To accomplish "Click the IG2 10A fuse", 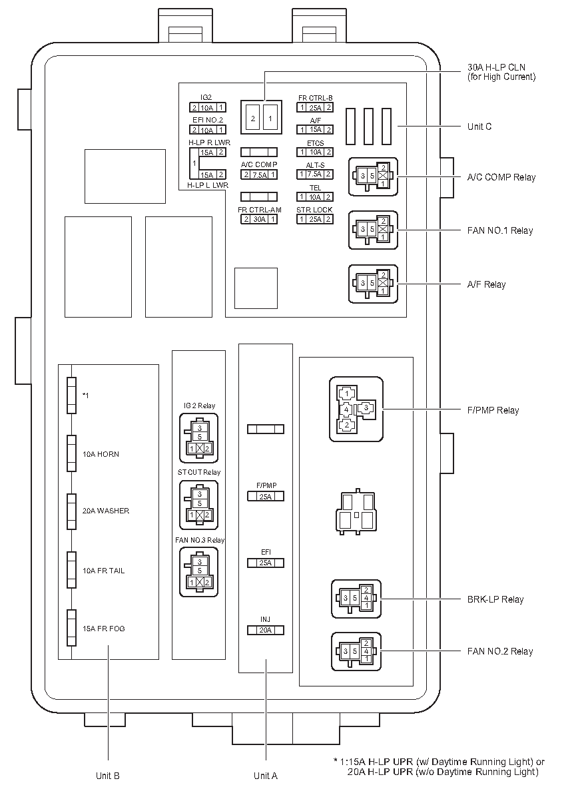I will [206, 108].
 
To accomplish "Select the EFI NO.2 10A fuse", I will [206, 130].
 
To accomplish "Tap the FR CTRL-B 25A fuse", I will [315, 108].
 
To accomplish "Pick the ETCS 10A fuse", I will [315, 152].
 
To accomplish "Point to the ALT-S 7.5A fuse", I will [315, 174].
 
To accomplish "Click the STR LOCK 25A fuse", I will [315, 219].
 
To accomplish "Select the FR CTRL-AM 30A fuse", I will [259, 219].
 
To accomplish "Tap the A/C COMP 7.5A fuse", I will [259, 174].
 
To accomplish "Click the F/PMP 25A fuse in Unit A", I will [266, 496].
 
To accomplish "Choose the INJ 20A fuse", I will [266, 630].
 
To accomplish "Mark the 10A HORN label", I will [101, 454].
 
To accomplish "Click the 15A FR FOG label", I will [103, 629].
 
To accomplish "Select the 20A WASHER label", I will [106, 511].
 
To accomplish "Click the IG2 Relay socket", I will [198, 437].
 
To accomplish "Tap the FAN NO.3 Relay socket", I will [198, 571].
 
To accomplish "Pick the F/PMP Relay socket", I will [356, 409].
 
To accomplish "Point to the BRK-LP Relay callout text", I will [494, 599].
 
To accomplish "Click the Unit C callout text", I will [479, 127].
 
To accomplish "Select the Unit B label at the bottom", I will [107, 775].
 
